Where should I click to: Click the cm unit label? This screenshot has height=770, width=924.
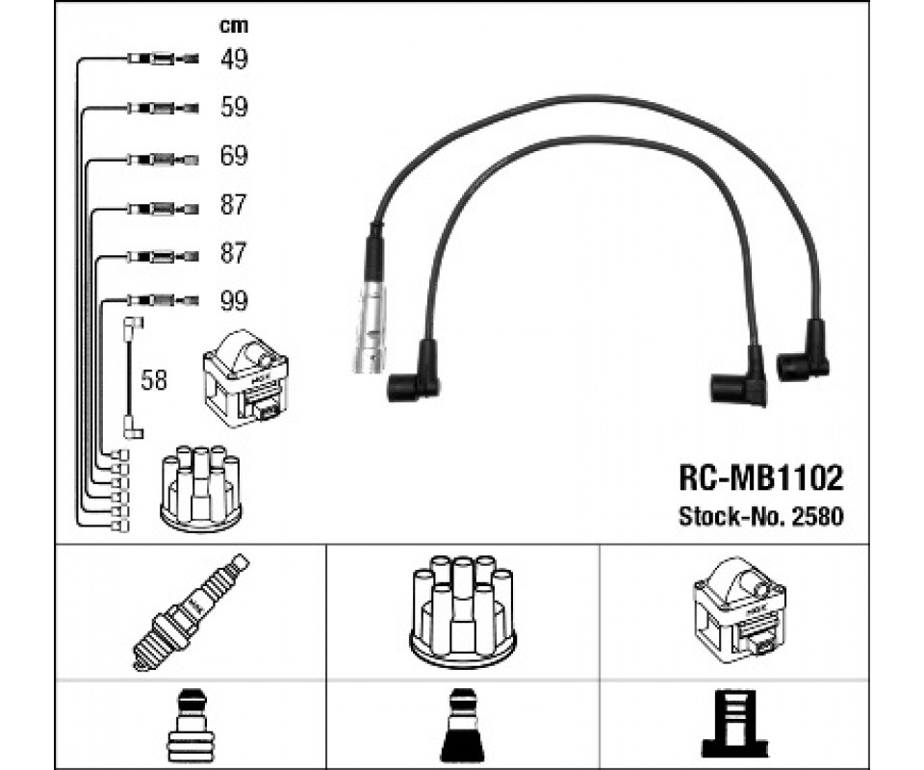click(234, 26)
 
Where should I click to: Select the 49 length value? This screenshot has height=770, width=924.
click(234, 60)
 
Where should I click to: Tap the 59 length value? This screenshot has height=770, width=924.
click(234, 108)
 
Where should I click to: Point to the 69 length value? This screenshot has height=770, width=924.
click(234, 156)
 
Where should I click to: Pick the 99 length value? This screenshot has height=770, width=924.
click(234, 301)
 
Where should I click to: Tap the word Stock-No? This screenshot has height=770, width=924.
click(731, 517)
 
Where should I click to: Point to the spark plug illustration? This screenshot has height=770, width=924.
click(191, 611)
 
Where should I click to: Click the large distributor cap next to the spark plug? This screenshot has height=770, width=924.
click(463, 610)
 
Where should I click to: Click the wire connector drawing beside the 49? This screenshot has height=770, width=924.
click(161, 60)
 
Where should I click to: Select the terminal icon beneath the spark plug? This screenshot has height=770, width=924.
click(192, 725)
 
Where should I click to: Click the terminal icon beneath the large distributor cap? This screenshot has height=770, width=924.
click(462, 725)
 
